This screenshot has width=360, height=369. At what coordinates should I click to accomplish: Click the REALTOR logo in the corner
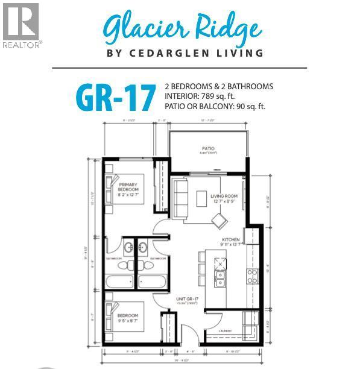[x=22, y=25]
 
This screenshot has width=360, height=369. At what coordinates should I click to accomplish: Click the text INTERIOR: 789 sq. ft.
[x=205, y=96]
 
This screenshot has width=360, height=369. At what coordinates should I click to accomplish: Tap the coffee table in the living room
[x=202, y=198]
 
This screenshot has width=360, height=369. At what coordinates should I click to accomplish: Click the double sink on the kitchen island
[x=221, y=278]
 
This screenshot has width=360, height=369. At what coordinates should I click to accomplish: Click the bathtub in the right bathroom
[x=152, y=282]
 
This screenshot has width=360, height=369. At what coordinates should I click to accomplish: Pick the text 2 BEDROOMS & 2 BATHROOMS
[x=219, y=86]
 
